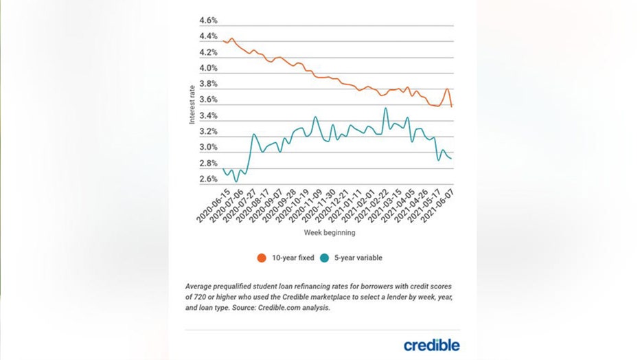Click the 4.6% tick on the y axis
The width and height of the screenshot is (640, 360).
click(x=208, y=21)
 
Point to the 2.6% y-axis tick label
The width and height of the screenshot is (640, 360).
click(x=208, y=180)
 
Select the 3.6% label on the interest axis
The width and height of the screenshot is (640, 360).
click(x=208, y=100)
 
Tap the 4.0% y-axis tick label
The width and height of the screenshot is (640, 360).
click(x=208, y=69)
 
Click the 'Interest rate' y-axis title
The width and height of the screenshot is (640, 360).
click(x=192, y=104)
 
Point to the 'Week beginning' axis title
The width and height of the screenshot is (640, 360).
click(x=330, y=233)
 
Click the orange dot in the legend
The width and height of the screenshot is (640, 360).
click(x=262, y=258)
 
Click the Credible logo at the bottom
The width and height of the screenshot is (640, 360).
click(x=431, y=345)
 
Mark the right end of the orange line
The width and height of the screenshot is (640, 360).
click(x=451, y=106)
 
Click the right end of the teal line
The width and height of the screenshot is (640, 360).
click(x=451, y=159)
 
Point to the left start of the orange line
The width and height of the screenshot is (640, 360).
click(x=224, y=41)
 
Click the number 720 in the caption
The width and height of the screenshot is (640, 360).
click(x=197, y=296)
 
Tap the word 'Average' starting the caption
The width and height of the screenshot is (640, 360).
click(x=200, y=286)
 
